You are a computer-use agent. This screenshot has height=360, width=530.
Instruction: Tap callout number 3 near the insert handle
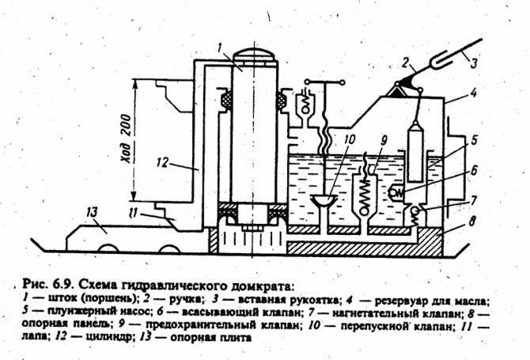click(474, 63)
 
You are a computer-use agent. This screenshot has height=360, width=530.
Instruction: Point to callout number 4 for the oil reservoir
click(474, 93)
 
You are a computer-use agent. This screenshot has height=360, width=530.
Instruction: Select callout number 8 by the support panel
click(472, 221)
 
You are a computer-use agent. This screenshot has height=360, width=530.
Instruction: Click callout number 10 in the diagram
click(350, 139)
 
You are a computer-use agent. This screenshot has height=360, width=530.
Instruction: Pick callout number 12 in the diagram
click(162, 162)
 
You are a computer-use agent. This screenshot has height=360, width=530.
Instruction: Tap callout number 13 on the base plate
click(92, 212)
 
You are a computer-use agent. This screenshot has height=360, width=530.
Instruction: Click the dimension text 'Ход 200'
click(126, 138)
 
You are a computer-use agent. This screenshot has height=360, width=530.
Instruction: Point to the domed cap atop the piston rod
click(254, 55)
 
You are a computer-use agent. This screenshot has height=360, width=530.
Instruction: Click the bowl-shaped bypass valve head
click(324, 199)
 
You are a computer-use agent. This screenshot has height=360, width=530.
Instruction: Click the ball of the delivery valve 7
click(416, 211)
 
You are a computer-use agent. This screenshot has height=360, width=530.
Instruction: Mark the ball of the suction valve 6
click(393, 192)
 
